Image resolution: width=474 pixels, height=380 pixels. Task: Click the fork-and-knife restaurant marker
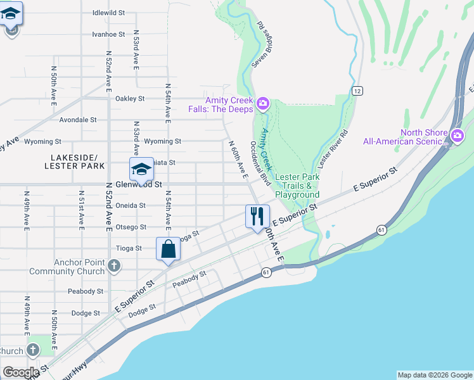pyautogui.click(x=257, y=217)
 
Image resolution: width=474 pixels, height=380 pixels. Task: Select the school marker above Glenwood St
pyautogui.click(x=141, y=169)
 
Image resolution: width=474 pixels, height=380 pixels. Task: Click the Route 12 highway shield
pyautogui.click(x=357, y=91)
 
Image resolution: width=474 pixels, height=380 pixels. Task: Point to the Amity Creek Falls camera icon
pyautogui.click(x=262, y=103)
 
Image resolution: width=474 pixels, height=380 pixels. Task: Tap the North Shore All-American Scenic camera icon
pyautogui.click(x=457, y=135)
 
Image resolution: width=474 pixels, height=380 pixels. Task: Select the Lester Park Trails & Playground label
pyautogui.click(x=297, y=186)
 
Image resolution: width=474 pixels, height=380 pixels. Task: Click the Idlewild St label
pyautogui.click(x=108, y=12)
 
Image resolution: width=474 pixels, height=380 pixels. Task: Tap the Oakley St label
pyautogui.click(x=130, y=99)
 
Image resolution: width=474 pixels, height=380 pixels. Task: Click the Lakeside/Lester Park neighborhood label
pyautogui.click(x=70, y=161)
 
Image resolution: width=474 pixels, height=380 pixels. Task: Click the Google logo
pyautogui.click(x=20, y=372)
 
